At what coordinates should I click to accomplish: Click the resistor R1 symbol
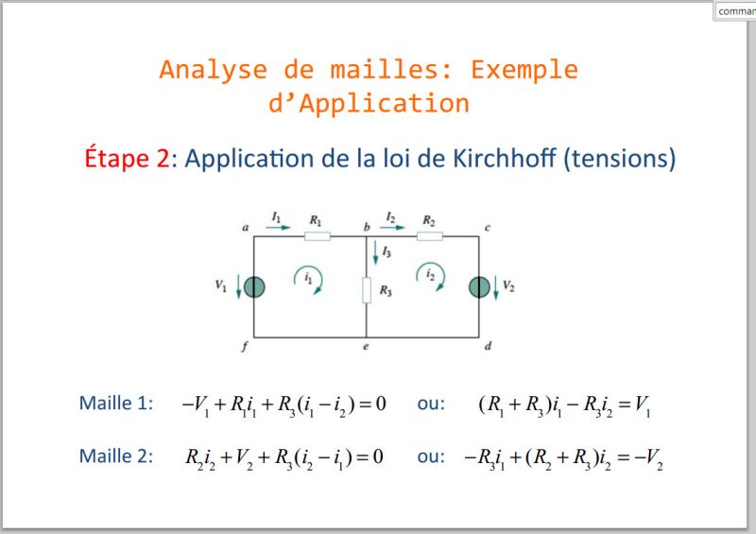click(318, 234)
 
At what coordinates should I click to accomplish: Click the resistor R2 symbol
click(430, 234)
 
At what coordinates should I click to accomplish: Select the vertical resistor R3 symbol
click(367, 289)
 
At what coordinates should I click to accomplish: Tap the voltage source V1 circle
click(254, 286)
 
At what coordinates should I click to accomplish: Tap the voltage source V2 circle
click(479, 286)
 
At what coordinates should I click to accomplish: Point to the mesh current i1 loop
click(308, 279)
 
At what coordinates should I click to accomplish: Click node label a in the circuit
click(245, 229)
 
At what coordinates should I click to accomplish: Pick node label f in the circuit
click(244, 348)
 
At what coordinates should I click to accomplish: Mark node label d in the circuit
click(488, 348)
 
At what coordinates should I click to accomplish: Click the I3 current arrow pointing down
click(375, 252)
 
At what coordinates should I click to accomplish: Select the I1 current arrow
click(280, 228)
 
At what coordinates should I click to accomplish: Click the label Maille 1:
click(116, 404)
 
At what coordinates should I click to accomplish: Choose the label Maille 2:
click(116, 456)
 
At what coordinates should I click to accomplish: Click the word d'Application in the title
click(369, 102)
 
